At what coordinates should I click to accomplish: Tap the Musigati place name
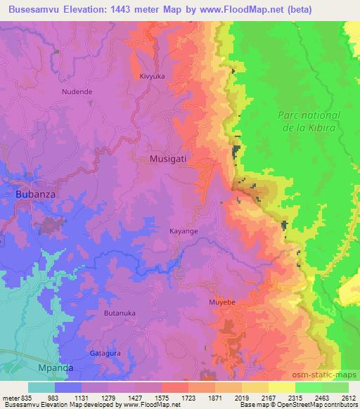[168, 160]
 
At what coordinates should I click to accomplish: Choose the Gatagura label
[104, 353]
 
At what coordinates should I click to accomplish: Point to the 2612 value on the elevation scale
[347, 398]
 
